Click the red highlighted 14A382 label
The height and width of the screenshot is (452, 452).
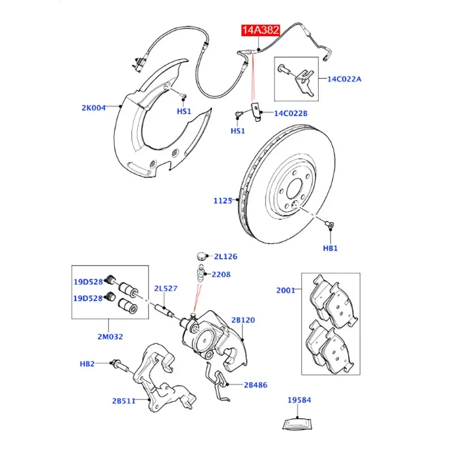260,30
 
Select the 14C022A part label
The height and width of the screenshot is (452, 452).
344,79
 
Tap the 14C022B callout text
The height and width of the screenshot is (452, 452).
290,114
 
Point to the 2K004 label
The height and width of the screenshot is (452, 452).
94,108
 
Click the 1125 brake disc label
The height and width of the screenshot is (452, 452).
223,201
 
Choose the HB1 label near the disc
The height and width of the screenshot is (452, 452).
330,248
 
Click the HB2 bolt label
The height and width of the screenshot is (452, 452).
87,364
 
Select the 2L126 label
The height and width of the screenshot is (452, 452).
225,257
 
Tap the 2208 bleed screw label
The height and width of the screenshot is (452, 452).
221,275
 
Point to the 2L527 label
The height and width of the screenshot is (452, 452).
166,288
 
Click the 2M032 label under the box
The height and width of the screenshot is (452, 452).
110,337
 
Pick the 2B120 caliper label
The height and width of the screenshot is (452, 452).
243,320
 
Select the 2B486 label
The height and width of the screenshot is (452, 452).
255,385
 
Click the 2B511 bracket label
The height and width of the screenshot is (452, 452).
124,401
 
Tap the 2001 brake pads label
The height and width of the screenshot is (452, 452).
286,290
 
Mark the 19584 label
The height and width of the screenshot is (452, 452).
299,400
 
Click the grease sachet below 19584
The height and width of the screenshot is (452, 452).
297,425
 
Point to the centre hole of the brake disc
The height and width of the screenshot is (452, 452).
294,189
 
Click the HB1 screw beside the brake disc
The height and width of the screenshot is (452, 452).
329,224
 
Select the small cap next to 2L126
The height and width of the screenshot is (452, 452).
202,256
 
